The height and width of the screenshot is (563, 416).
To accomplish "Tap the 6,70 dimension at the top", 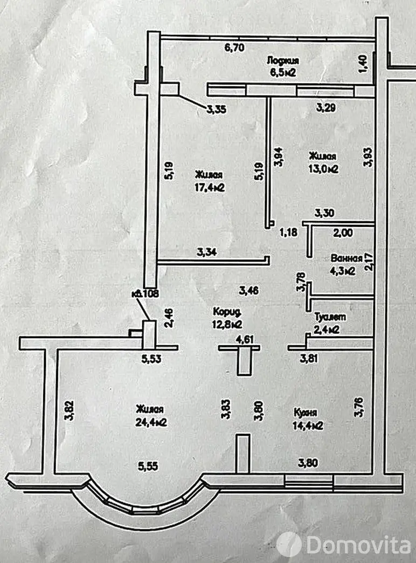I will [234, 47].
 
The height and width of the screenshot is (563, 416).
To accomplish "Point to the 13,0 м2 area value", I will [323, 169].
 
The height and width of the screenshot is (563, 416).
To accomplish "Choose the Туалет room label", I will [330, 318].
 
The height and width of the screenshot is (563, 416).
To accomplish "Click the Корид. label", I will [226, 312].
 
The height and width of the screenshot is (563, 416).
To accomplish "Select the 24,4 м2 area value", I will [151, 422].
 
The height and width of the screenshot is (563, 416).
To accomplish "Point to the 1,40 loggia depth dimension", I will [363, 65].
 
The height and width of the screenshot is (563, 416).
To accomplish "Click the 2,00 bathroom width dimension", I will [343, 233].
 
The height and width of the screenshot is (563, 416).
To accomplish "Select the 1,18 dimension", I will [288, 232].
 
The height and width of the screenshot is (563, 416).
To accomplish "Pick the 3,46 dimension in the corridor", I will [248, 291].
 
